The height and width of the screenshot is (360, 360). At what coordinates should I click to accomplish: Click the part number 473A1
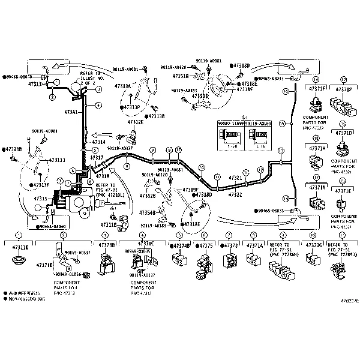71,112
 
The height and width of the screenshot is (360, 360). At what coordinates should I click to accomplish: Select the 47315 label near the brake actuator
41,198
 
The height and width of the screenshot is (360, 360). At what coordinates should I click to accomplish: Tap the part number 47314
99,142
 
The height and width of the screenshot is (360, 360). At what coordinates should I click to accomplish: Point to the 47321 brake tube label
235,178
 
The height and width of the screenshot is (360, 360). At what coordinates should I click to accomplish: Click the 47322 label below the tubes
235,194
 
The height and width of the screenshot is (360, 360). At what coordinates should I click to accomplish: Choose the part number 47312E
134,122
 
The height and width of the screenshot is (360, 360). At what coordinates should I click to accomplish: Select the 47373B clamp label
106,245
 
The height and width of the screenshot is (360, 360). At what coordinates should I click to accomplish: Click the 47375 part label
206,246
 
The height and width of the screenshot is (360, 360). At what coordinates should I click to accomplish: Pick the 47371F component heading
317,89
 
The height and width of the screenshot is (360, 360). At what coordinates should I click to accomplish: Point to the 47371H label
317,148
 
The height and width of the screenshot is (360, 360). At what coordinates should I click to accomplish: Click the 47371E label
343,191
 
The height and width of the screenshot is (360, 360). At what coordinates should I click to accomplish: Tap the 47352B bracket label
148,195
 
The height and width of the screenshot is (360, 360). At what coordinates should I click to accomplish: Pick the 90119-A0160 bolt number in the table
259,123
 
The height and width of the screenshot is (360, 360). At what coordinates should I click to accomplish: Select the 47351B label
181,77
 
